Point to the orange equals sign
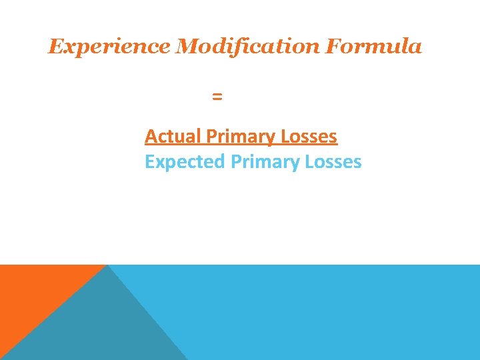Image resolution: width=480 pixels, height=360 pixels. point(217,97)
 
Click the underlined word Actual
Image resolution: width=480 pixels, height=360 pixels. point(173,137)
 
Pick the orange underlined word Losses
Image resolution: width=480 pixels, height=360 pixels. point(309,137)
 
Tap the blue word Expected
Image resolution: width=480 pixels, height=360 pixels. point(185,162)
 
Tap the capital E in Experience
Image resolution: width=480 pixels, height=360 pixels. point(55,47)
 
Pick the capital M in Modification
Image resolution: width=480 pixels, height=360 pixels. point(186,47)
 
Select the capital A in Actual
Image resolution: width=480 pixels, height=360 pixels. point(151,137)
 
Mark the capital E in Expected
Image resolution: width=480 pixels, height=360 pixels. point(149,162)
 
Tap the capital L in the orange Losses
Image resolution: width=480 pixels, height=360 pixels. point(285,137)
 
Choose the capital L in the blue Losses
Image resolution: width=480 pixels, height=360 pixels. point(309,162)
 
